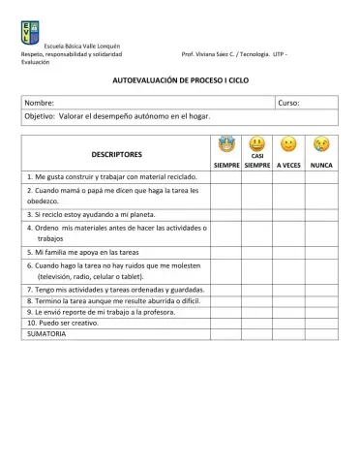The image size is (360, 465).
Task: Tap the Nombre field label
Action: click(40, 102)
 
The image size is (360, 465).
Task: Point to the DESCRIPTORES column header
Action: click(116, 154)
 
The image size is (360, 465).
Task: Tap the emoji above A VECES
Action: click(288, 145)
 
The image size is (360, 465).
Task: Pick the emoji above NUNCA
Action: click(321, 145)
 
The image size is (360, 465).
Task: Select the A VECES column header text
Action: click(288, 166)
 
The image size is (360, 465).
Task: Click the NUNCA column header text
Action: click(321, 166)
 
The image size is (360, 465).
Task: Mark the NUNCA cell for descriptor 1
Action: click(321, 177)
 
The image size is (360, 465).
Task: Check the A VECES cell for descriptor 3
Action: click(288, 214)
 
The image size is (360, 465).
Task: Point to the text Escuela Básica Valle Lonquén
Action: click(75, 46)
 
